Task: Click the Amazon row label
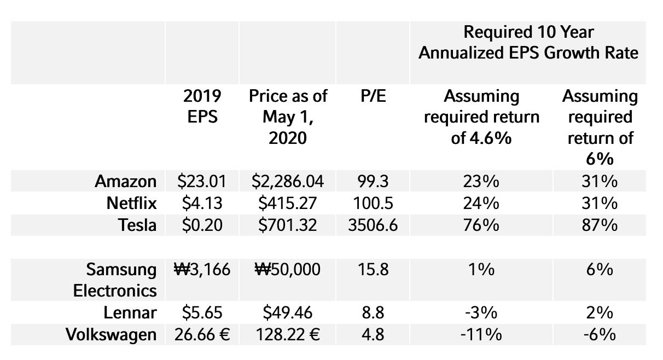[126, 181]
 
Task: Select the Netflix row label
[131, 203]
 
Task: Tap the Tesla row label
[138, 225]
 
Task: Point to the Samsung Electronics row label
[115, 280]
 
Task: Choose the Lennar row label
[130, 313]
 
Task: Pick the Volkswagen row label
[111, 334]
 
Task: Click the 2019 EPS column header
[202, 107]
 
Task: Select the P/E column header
[374, 97]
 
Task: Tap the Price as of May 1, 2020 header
[288, 117]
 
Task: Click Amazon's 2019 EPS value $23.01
[202, 181]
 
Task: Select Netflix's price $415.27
[288, 203]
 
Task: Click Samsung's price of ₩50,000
[288, 270]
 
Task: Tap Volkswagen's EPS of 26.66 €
[202, 334]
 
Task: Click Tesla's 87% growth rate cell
[600, 225]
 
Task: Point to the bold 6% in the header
[600, 159]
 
